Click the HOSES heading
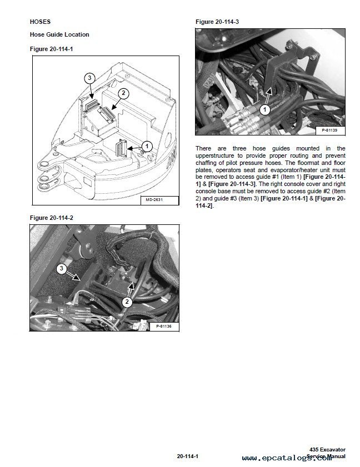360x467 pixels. pyautogui.click(x=40, y=23)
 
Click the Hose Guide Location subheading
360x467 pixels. pyautogui.click(x=59, y=34)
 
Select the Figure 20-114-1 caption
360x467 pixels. pyautogui.click(x=51, y=49)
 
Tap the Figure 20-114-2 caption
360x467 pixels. pyautogui.click(x=51, y=218)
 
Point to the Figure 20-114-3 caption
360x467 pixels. pyautogui.click(x=217, y=22)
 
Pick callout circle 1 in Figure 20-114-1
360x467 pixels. pyautogui.click(x=147, y=145)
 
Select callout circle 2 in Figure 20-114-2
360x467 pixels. pyautogui.click(x=127, y=302)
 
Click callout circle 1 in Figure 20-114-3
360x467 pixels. pyautogui.click(x=265, y=110)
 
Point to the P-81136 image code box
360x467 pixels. pyautogui.click(x=163, y=327)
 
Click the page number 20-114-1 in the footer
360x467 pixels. pyautogui.click(x=188, y=456)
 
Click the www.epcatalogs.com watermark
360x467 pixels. pyautogui.click(x=294, y=458)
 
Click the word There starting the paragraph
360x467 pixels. pyautogui.click(x=203, y=148)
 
